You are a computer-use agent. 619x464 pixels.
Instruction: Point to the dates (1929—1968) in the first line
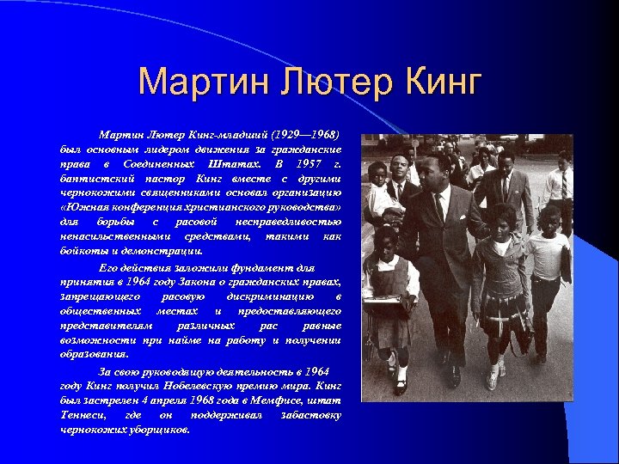pyautogui.click(x=305, y=135)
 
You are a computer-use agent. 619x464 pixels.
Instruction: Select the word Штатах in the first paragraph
pyautogui.click(x=229, y=163)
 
